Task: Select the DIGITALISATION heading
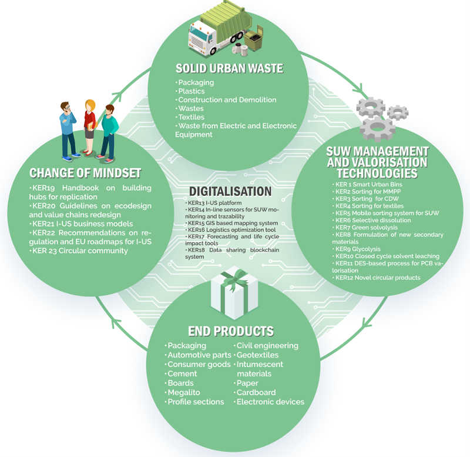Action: coord(230,192)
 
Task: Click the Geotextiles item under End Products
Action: coord(257,355)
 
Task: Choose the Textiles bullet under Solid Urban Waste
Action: coord(192,116)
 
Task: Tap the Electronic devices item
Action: coord(270,402)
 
